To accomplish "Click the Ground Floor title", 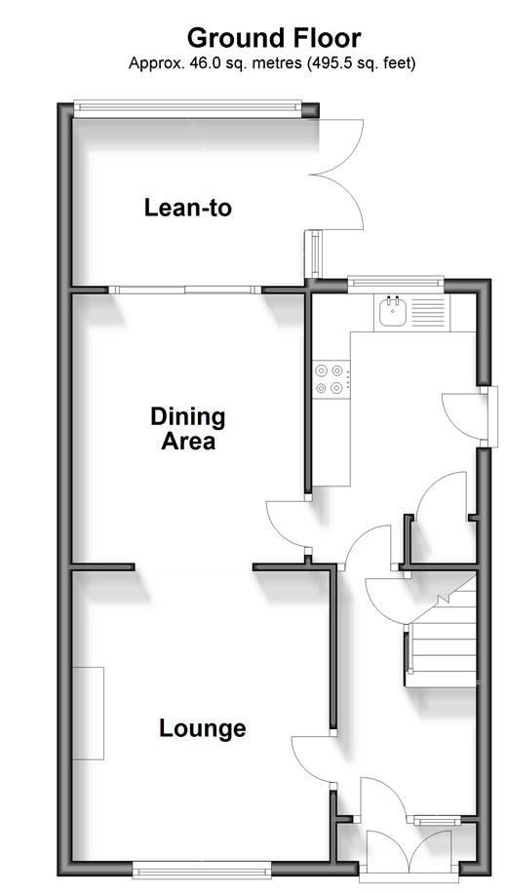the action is point(273,38).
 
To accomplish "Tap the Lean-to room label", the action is point(188,208).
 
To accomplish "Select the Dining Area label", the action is point(188,429).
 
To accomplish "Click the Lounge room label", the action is point(202,728).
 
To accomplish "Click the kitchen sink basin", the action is point(393,311).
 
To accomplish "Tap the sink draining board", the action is point(428,312).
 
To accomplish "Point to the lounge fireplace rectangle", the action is point(89,713).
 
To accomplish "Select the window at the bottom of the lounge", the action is point(202,870).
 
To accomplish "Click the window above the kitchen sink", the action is point(395,282).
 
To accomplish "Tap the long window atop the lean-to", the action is point(187,107).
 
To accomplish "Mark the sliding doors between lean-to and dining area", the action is point(184,290).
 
